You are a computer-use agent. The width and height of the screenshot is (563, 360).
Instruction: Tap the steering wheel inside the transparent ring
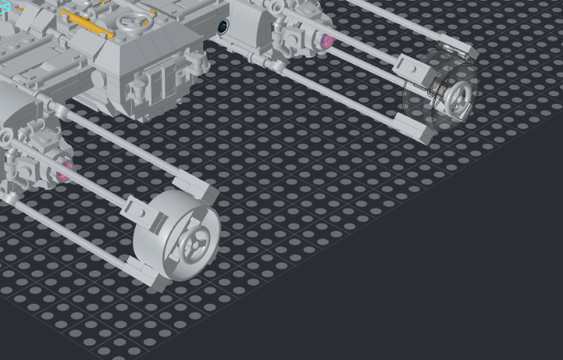[460, 97]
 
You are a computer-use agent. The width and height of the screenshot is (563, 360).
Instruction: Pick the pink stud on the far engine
[327, 39]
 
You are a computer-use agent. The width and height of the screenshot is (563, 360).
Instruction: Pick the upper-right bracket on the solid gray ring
[207, 191]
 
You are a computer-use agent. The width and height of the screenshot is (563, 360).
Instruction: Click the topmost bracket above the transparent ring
[465, 52]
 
